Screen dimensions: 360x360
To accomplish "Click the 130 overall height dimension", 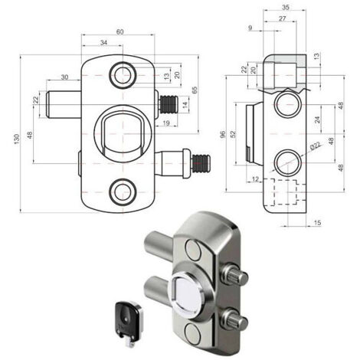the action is pyautogui.click(x=17, y=139).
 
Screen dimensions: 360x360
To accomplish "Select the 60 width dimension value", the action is pyautogui.click(x=119, y=31).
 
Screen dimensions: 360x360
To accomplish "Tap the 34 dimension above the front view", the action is pyautogui.click(x=103, y=43).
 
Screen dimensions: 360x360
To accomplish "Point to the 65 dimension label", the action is pyautogui.click(x=195, y=90).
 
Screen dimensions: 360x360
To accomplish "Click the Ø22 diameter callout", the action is pyautogui.click(x=315, y=146).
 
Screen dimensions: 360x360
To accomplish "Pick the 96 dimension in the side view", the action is pyautogui.click(x=223, y=134).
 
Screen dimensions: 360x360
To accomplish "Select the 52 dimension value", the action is pyautogui.click(x=233, y=134).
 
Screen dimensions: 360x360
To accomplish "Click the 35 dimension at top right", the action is pyautogui.click(x=286, y=7).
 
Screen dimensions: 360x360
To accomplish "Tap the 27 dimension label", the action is pyautogui.click(x=282, y=18).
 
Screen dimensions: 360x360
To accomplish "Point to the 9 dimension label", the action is pyautogui.click(x=250, y=28).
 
